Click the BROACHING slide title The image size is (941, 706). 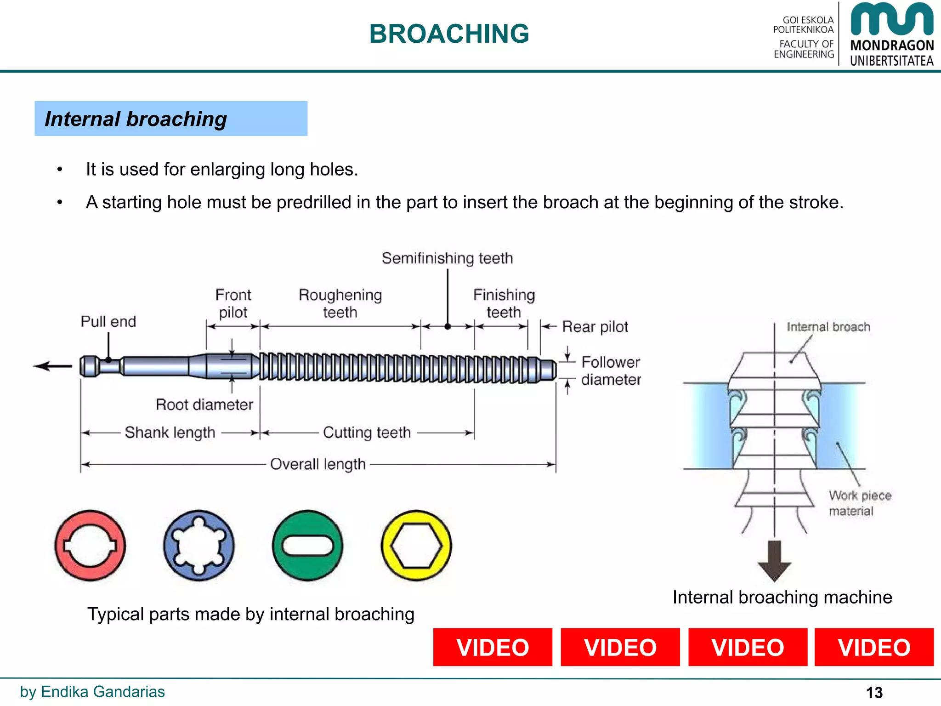point(449,34)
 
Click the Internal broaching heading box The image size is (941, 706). point(170,119)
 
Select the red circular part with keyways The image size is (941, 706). point(90,546)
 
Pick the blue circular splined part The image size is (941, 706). point(198,546)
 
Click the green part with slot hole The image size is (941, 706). point(307,546)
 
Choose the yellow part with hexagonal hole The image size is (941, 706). point(416,546)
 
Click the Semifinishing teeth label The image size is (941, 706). point(447,258)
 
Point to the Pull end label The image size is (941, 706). point(108,321)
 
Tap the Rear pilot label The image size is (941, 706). point(595,327)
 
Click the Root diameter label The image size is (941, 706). point(204,404)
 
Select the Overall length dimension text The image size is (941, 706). point(318,464)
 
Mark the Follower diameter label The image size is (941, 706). point(611,371)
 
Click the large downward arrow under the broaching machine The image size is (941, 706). point(774,561)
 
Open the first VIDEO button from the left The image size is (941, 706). point(493,647)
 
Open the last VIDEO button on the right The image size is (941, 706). point(874,647)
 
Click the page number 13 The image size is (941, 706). point(874,692)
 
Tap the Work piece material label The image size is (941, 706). point(859,503)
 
